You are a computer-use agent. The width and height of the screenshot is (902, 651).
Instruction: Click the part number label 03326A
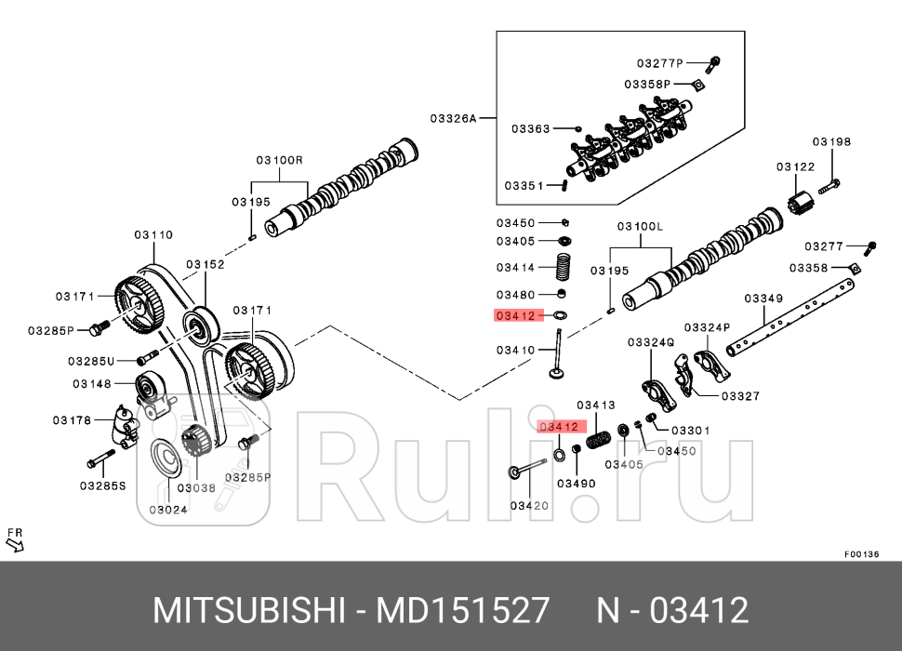[453, 118]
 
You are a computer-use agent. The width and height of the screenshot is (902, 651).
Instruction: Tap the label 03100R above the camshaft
[280, 160]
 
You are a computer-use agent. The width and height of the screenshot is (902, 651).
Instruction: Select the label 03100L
[641, 227]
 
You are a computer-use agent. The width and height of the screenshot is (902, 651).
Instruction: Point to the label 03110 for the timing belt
[153, 235]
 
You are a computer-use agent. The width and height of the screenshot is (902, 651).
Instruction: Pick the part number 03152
[205, 264]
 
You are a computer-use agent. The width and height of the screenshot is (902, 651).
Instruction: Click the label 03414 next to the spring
[515, 268]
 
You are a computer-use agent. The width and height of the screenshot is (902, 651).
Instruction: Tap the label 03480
[515, 295]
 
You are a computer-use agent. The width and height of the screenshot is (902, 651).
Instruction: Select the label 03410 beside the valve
[515, 350]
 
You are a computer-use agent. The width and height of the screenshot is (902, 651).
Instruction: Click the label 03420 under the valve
[529, 506]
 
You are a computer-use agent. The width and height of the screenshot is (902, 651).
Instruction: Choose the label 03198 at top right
[831, 142]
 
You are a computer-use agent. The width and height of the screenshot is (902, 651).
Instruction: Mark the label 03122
[796, 166]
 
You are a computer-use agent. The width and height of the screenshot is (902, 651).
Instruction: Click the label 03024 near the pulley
[168, 509]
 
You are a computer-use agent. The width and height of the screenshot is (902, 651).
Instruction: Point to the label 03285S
[102, 485]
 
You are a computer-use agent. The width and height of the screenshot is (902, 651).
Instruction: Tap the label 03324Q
[650, 342]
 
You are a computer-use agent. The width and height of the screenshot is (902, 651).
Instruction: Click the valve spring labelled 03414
[563, 266]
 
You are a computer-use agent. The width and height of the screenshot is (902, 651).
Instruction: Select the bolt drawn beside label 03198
[830, 186]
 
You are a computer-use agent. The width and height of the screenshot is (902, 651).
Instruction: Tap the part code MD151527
[462, 611]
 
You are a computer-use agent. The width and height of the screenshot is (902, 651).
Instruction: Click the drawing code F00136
[861, 554]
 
